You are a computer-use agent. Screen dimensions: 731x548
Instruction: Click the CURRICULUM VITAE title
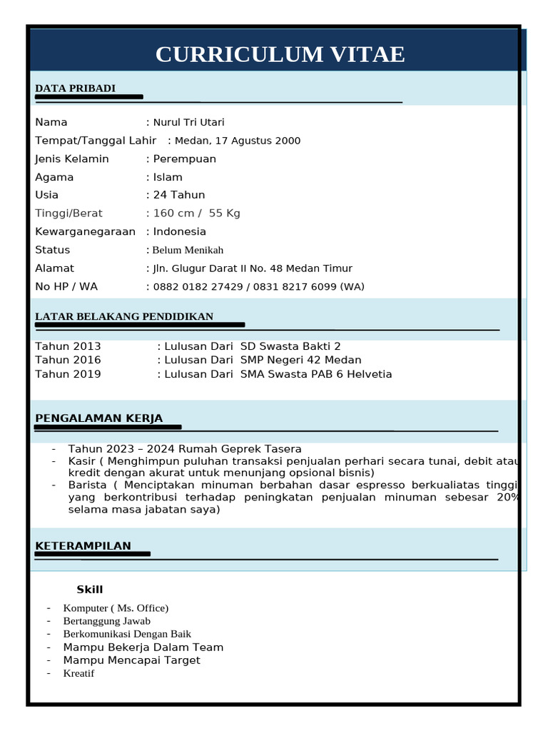(280, 54)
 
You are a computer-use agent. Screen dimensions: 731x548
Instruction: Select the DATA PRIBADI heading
(75, 89)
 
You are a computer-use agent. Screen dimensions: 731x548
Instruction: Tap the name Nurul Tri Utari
(188, 123)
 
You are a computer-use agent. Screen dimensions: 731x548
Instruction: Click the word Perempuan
(184, 159)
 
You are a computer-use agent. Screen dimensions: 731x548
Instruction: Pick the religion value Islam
(168, 177)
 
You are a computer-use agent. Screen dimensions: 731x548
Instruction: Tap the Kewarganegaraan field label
(85, 232)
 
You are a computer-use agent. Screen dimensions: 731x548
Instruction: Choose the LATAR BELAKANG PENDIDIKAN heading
(124, 317)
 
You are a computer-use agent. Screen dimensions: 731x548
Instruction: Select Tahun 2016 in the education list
(68, 360)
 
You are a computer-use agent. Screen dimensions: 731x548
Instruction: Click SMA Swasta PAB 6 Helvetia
(316, 374)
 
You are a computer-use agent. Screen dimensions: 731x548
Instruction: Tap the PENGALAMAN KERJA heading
(98, 418)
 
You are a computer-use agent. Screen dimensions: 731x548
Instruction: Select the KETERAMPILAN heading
(83, 546)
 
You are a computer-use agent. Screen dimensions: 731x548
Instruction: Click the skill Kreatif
(78, 673)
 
